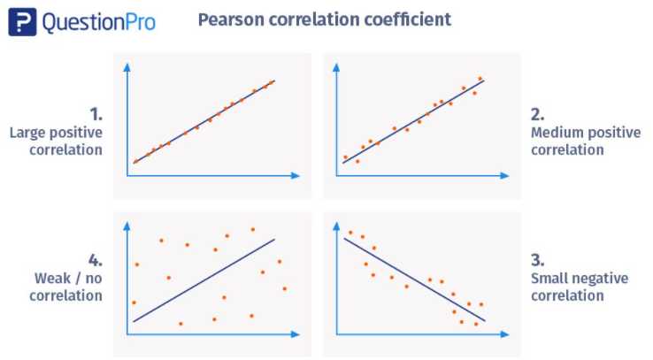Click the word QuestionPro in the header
pyautogui.click(x=99, y=22)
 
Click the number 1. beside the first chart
pyautogui.click(x=96, y=114)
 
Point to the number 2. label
pyautogui.click(x=536, y=114)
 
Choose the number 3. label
pyautogui.click(x=536, y=260)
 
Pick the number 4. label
pyautogui.click(x=96, y=260)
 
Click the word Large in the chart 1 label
pyautogui.click(x=28, y=133)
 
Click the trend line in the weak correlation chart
pyautogui.click(x=204, y=280)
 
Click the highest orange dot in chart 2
pyautogui.click(x=480, y=79)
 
